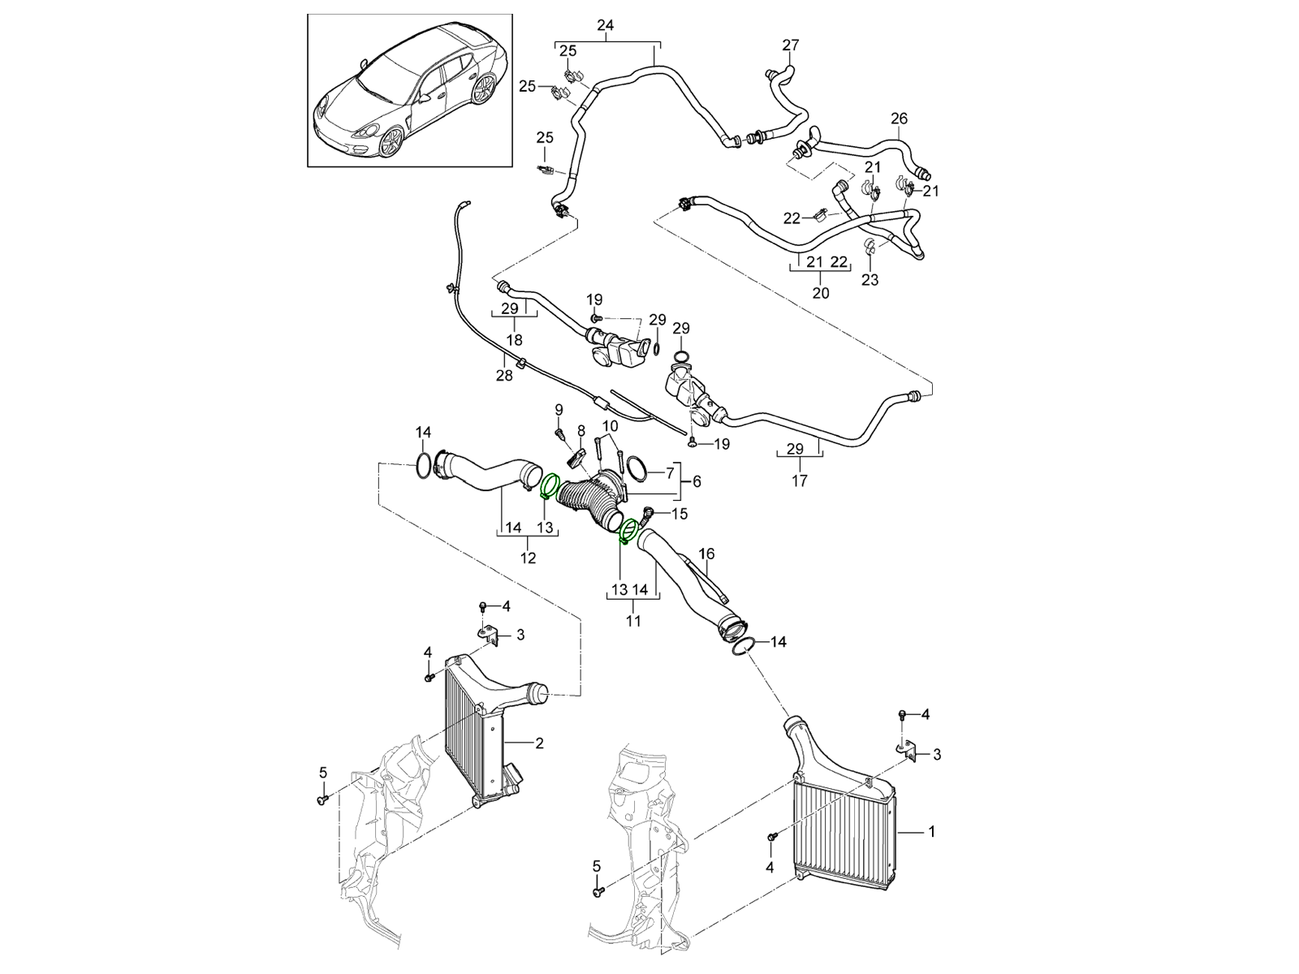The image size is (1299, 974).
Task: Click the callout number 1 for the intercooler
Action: (x=932, y=832)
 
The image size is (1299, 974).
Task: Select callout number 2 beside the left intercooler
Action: (x=539, y=742)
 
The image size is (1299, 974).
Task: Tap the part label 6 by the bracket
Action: (x=696, y=481)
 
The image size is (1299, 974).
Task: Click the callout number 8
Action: (x=581, y=429)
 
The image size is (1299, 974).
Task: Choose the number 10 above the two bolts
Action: (x=610, y=425)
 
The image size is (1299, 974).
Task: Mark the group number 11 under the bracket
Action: (x=633, y=621)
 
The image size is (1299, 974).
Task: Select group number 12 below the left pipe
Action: (x=529, y=558)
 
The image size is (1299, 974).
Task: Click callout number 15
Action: (x=680, y=513)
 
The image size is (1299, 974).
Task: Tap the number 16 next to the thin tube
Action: (x=707, y=554)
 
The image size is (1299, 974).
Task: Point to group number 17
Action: (x=799, y=481)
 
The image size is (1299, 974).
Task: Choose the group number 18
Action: (x=514, y=340)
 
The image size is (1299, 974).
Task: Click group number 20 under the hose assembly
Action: (x=821, y=292)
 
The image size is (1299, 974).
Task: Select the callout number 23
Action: (x=870, y=280)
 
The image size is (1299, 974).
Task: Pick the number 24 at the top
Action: (x=605, y=25)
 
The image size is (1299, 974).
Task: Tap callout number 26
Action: (x=899, y=119)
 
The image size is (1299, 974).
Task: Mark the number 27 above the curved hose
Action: (x=791, y=45)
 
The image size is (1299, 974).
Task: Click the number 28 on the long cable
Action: (x=504, y=375)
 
